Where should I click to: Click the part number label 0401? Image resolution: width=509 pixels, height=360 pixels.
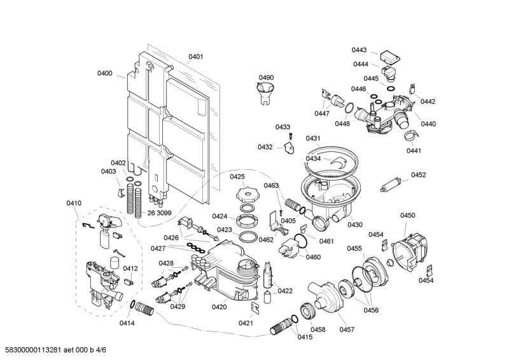point(196,57)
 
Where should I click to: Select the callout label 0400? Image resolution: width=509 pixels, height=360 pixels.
point(105,74)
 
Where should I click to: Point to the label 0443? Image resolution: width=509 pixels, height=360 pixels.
point(359,50)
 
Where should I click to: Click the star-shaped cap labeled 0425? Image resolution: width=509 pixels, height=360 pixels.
point(246,193)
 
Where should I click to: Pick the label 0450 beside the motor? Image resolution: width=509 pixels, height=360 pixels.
point(407,216)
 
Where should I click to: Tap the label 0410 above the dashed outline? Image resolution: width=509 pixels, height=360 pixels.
point(74,204)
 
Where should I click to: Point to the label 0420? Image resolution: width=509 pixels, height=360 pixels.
point(219,307)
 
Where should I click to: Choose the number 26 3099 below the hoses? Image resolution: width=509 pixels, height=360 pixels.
point(160,213)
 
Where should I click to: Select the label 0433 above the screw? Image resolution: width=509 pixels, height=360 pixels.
point(282,127)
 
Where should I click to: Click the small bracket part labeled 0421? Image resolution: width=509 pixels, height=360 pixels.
point(255,309)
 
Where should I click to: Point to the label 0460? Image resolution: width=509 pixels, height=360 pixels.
point(313,257)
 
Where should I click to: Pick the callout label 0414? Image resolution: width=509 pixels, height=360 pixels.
point(127,323)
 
